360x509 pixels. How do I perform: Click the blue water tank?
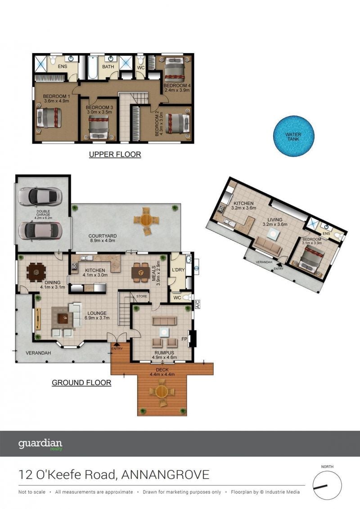point(293,136)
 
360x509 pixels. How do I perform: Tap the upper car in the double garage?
point(40,197)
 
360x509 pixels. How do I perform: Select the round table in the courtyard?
point(146,221)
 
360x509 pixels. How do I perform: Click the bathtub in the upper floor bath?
point(93,68)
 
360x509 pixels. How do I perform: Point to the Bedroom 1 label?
point(57,96)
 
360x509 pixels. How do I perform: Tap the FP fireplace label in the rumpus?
point(184,339)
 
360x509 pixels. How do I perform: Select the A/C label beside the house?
point(198,305)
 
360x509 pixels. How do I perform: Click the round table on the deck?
point(162,392)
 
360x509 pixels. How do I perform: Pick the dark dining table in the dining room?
point(36,272)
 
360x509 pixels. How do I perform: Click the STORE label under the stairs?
point(142,297)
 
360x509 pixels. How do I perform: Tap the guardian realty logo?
point(40,444)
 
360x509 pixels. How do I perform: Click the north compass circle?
point(327,485)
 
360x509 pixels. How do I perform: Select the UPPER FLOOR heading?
point(115,154)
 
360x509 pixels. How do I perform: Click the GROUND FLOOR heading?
point(81,383)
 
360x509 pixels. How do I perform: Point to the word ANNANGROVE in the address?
point(165,475)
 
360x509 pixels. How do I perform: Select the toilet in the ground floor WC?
point(188,297)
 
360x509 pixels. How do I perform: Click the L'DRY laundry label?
point(178,270)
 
